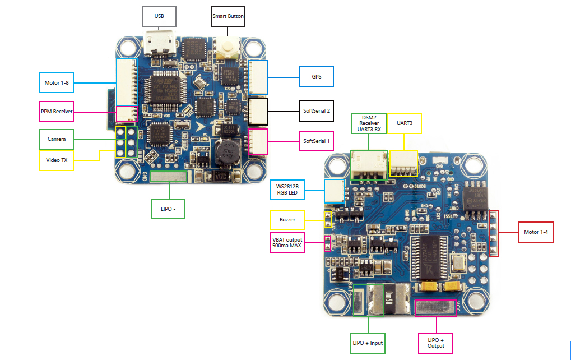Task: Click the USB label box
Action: pyautogui.click(x=159, y=17)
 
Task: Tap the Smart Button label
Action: pyautogui.click(x=228, y=17)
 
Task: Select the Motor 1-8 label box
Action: pyautogui.click(x=57, y=83)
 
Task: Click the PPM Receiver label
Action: pyautogui.click(x=57, y=112)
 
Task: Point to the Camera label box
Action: pyautogui.click(x=57, y=139)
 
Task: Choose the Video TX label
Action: pyautogui.click(x=57, y=160)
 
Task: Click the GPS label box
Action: pyautogui.click(x=317, y=76)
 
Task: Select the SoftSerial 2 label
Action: pyautogui.click(x=317, y=111)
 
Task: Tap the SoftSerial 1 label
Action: pyautogui.click(x=317, y=141)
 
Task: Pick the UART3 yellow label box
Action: pyautogui.click(x=405, y=122)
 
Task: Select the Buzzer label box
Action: pyautogui.click(x=287, y=220)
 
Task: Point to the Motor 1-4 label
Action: pyautogui.click(x=536, y=232)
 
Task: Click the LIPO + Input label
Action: pyautogui.click(x=368, y=342)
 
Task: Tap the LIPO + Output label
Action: pyautogui.click(x=435, y=343)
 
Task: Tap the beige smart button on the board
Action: pyautogui.click(x=228, y=48)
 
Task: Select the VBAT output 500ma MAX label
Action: pyautogui.click(x=287, y=243)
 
